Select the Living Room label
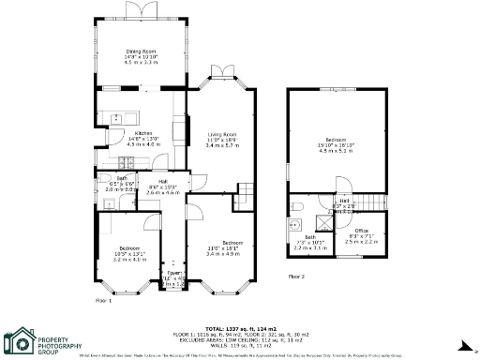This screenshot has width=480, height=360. coord(221,134)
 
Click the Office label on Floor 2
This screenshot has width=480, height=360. coord(361,230)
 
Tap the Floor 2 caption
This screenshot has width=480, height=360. coord(295,277)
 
